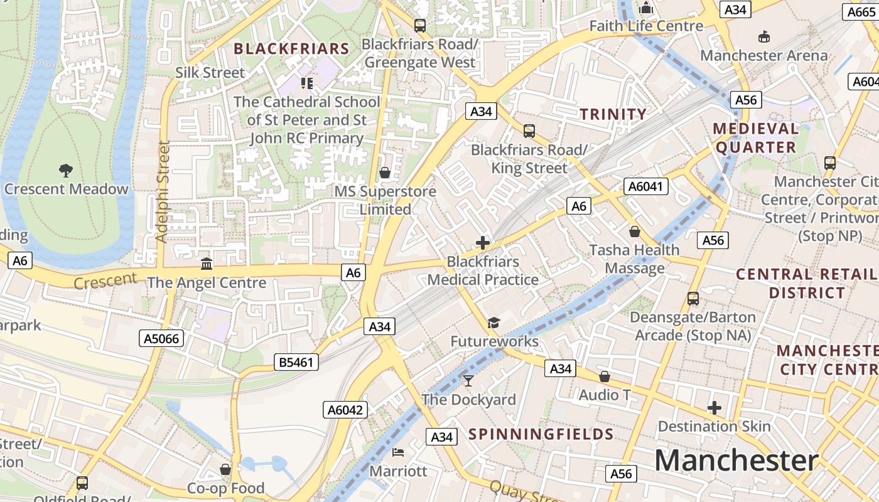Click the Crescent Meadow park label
(x=66, y=189)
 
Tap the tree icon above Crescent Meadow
(x=65, y=169)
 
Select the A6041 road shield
(x=645, y=186)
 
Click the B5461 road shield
(x=296, y=362)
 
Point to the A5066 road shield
(x=161, y=339)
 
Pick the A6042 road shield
(x=345, y=410)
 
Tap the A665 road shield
(x=860, y=12)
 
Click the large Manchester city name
(x=736, y=461)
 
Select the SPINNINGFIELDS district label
(x=541, y=434)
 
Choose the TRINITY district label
(x=613, y=114)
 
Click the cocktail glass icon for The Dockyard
(x=468, y=380)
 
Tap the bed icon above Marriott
(x=398, y=452)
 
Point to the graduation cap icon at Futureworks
(x=494, y=323)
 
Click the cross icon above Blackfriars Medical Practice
(x=483, y=242)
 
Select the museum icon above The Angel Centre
(x=207, y=264)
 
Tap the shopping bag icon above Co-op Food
(x=225, y=469)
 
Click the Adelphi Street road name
(x=163, y=191)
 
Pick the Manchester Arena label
(x=763, y=55)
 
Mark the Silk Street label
(x=210, y=73)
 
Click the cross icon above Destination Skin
(x=714, y=408)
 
